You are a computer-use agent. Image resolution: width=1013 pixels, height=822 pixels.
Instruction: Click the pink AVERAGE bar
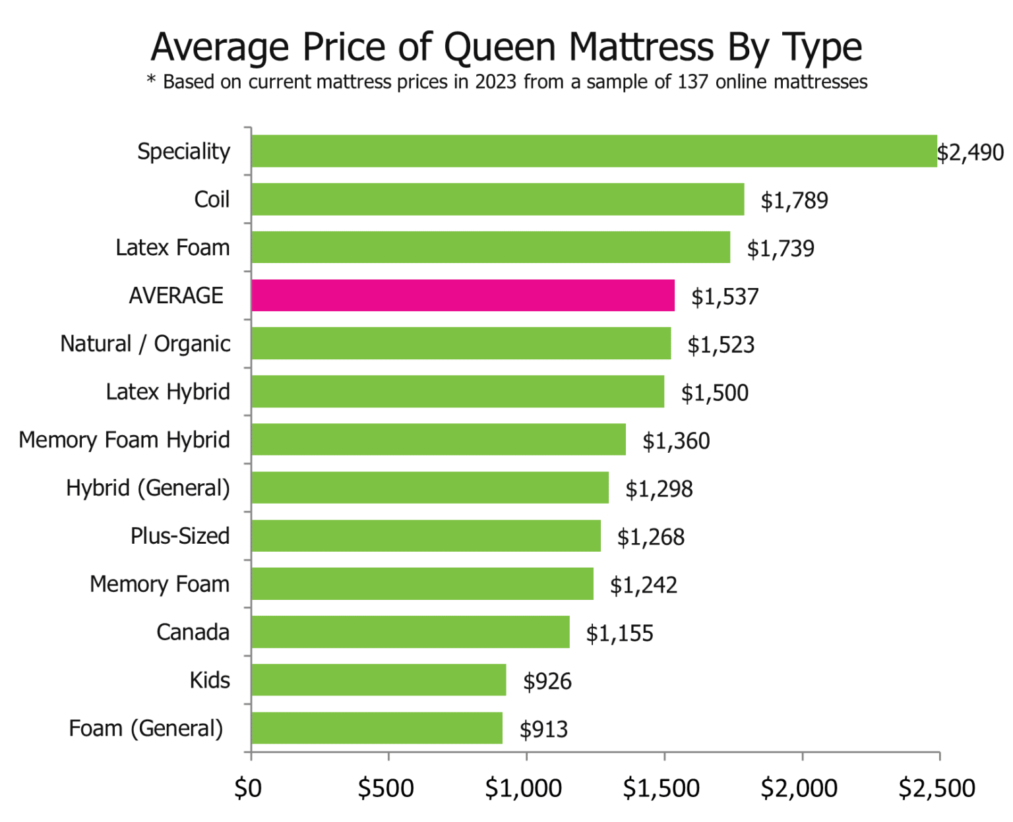463,295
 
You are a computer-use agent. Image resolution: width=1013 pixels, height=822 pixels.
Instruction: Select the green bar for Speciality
594,151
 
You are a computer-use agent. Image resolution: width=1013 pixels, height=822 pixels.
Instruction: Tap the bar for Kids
379,680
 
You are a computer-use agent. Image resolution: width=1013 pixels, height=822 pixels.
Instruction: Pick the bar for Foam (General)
377,728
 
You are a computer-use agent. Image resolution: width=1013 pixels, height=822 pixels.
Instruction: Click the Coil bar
498,199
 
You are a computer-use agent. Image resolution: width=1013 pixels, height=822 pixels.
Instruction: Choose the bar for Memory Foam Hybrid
439,439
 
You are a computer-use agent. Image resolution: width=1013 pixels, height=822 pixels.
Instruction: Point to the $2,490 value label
970,152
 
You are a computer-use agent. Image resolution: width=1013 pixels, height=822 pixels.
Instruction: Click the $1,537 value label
725,297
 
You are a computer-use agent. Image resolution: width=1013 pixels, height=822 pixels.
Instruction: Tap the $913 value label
543,729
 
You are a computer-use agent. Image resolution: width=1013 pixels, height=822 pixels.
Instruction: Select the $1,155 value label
619,633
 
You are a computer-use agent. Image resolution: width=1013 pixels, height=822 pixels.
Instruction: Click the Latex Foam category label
173,247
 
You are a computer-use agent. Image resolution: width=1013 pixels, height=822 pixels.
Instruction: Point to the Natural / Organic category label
145,343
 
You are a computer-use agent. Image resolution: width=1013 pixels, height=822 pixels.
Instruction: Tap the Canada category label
193,632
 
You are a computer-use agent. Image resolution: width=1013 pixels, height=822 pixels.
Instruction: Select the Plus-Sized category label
180,536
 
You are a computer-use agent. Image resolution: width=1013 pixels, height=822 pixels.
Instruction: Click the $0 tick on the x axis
248,788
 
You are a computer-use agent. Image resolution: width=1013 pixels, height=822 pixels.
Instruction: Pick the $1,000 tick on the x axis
524,788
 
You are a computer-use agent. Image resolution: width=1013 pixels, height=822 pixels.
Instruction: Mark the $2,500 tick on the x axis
936,788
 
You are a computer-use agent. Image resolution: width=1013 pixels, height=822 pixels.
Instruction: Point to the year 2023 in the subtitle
495,82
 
